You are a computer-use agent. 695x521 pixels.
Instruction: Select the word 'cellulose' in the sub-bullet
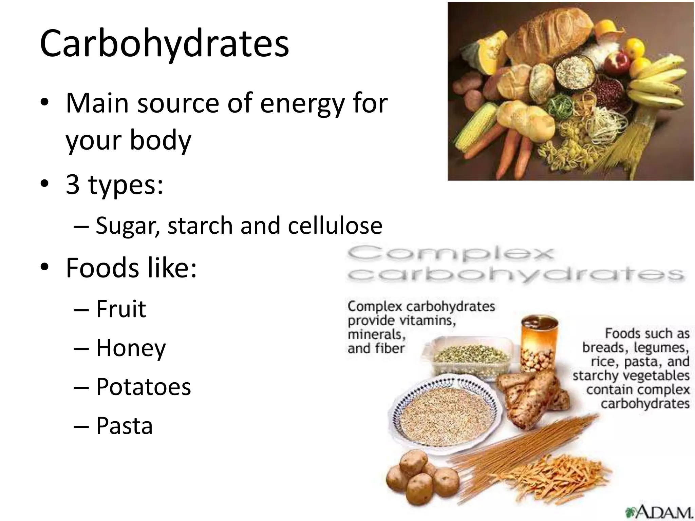(x=335, y=226)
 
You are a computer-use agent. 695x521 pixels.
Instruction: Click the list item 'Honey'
(x=131, y=348)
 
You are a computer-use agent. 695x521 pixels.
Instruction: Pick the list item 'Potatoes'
(x=144, y=387)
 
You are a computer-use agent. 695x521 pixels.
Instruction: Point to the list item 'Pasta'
(x=124, y=426)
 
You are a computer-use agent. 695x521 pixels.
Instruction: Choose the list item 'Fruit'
(x=121, y=309)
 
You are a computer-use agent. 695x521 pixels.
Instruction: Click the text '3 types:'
(x=114, y=185)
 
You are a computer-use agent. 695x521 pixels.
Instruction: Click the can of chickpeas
(x=539, y=343)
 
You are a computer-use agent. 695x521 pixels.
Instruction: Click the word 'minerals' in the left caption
(x=376, y=335)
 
